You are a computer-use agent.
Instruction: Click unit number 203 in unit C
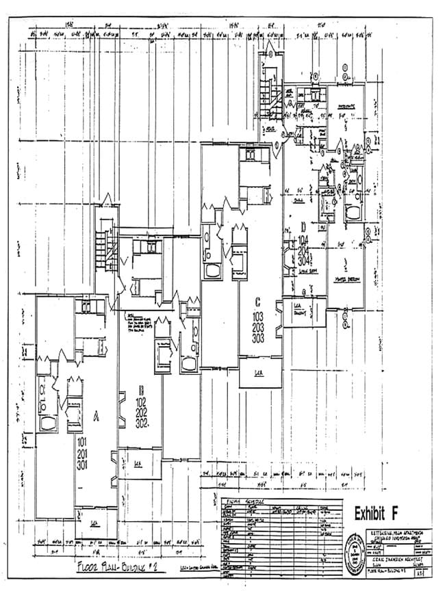pos(259,328)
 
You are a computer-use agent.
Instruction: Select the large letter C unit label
pos(258,301)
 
